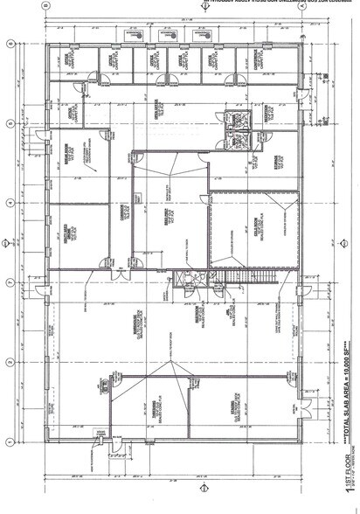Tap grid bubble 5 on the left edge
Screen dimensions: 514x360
click(9, 124)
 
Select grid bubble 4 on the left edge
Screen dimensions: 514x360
click(9, 203)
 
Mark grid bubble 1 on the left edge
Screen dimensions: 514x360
click(9, 442)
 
